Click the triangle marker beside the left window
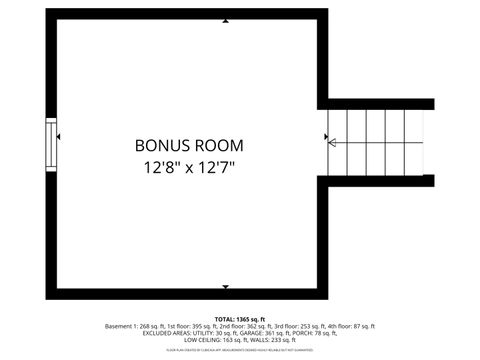click(60, 137)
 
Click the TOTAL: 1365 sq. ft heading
click(239, 318)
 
